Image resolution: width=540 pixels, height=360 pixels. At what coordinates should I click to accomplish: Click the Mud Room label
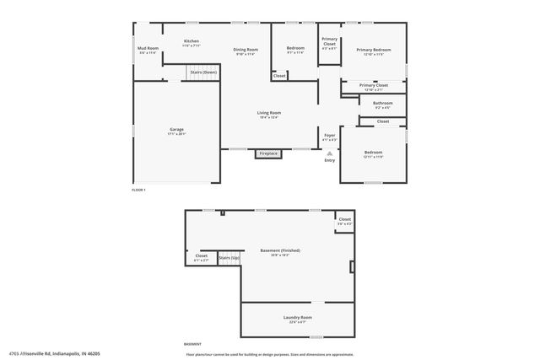148,48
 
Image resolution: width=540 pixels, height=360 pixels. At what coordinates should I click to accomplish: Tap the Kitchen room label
192,41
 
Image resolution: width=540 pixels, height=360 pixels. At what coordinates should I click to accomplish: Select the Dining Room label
246,50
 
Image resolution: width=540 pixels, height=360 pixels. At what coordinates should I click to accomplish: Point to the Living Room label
269,113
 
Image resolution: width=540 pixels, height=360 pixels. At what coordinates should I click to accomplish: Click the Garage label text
176,130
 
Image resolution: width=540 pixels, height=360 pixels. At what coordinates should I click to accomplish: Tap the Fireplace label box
268,153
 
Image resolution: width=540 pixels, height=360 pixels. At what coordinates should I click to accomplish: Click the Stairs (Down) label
203,73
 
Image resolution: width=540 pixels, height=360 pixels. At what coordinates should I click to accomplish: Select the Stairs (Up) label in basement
229,257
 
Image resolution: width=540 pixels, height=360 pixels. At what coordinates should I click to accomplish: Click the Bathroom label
382,104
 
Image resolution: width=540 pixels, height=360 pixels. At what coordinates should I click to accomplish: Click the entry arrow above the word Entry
330,153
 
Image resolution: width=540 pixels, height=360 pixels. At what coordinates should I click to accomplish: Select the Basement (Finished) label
282,250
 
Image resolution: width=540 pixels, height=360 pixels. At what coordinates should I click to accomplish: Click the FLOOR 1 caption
139,190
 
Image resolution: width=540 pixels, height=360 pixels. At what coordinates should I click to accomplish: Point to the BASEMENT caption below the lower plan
192,344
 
